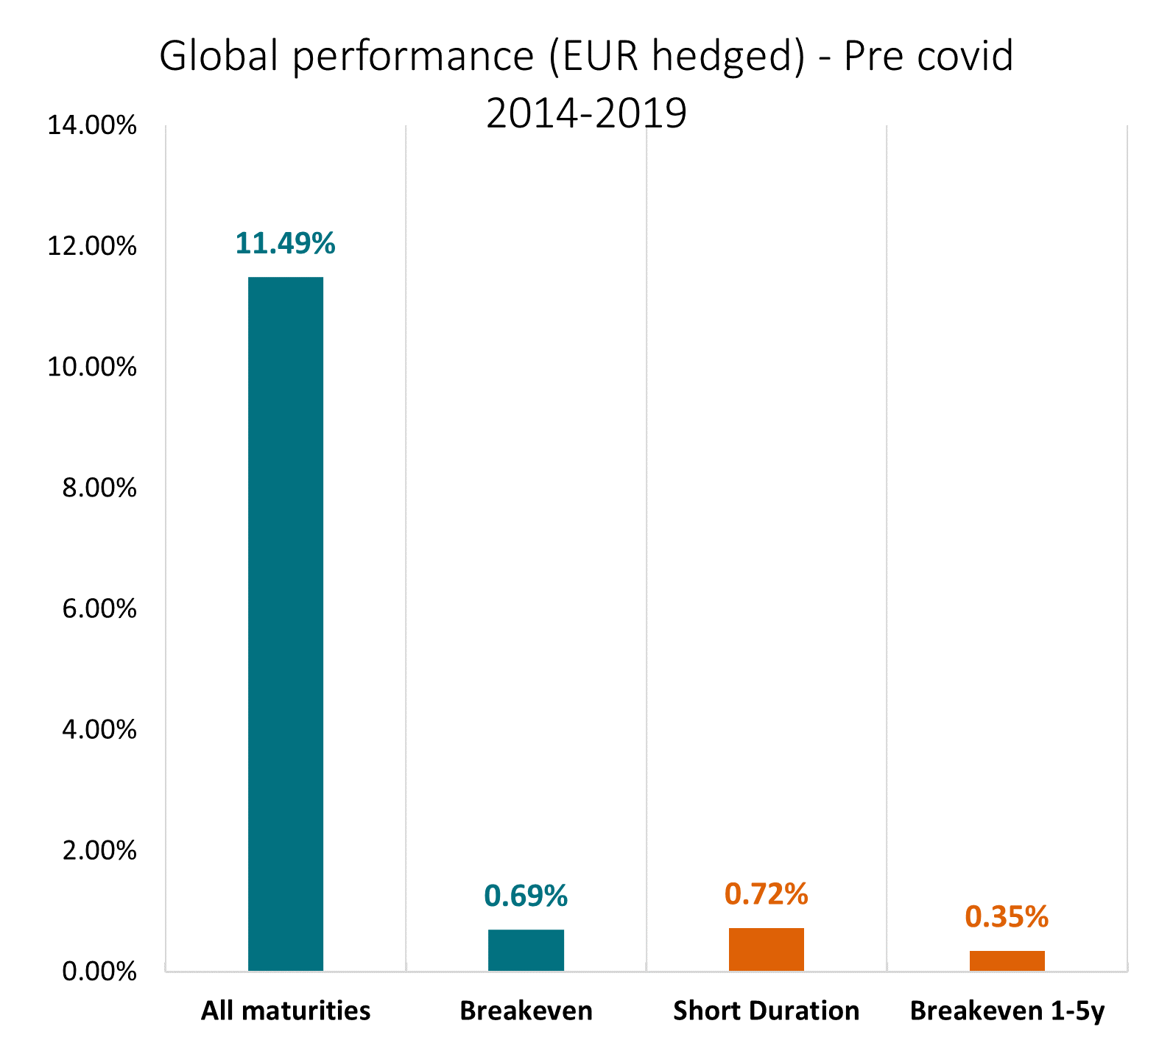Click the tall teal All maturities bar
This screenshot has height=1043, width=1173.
coord(286,623)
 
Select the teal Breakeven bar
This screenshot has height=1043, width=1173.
coord(526,950)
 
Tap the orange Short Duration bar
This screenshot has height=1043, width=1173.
coord(766,949)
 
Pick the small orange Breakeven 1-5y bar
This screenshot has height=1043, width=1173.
coord(1007,961)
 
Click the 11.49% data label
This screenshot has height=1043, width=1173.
coord(286,243)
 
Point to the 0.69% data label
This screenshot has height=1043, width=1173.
coord(526,896)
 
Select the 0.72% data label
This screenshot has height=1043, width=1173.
coord(766,894)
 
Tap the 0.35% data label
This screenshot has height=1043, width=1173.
coord(1007,917)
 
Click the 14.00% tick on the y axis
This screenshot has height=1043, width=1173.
coord(92,125)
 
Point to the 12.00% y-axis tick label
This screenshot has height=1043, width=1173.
coord(92,246)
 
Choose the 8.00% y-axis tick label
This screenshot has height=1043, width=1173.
coord(99,488)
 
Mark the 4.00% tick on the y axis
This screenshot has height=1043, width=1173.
coord(99,730)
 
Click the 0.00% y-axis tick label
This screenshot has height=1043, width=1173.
coord(99,972)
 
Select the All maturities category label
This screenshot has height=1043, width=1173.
coord(286,1011)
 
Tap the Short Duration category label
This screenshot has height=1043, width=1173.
coord(766,1011)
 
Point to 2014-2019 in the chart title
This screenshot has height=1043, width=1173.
coord(586,113)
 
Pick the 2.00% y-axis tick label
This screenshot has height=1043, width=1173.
coord(99,851)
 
